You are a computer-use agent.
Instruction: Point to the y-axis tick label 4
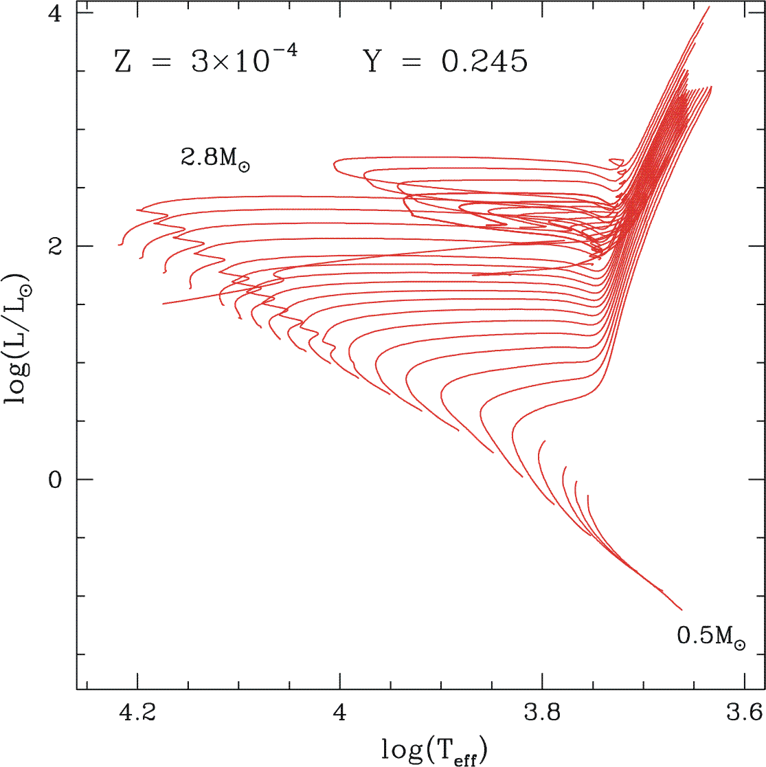[57, 14]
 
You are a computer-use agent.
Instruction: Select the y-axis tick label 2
[57, 246]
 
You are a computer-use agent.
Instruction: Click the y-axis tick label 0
[57, 479]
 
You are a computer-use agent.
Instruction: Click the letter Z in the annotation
[123, 63]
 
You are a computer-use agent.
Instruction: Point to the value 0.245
[484, 63]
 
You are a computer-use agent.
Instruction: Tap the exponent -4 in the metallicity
[286, 52]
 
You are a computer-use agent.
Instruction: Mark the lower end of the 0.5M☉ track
[681, 610]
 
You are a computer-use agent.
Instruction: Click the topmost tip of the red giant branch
[710, 7]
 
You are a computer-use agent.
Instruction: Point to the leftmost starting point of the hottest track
[119, 244]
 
